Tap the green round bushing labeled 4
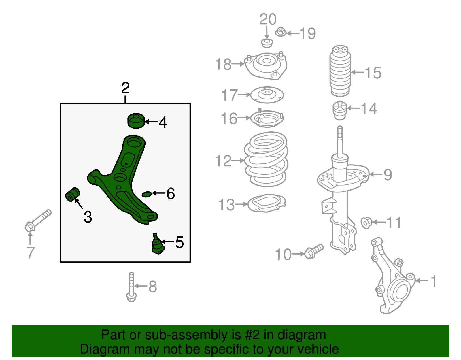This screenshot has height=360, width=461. click(136, 121)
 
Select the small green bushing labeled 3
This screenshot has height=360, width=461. click(72, 195)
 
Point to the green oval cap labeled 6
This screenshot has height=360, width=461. click(147, 194)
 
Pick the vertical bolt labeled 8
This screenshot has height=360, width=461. click(131, 287)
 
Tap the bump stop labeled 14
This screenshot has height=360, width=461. click(340, 111)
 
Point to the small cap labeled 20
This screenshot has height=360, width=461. click(267, 44)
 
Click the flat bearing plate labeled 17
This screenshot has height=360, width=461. click(267, 95)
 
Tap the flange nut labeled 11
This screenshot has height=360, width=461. click(366, 223)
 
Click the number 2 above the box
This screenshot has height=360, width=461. click(125, 88)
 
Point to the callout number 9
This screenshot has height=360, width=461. click(388, 175)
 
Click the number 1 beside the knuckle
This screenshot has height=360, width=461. click(434, 281)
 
